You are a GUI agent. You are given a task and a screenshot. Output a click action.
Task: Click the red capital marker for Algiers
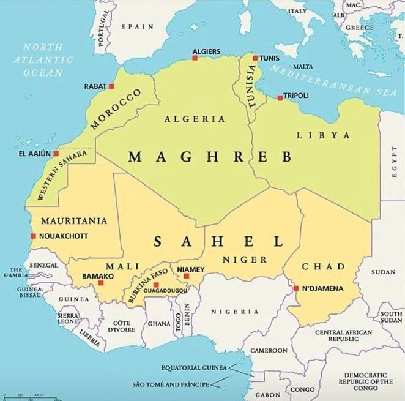click(x=195, y=58)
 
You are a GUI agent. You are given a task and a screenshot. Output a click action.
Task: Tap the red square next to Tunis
click(x=255, y=58)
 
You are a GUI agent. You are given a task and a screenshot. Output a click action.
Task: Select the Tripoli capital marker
click(x=280, y=97)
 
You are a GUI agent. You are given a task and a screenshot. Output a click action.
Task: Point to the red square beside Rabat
click(x=111, y=86)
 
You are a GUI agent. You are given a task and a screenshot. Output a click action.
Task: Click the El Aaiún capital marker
click(x=56, y=154)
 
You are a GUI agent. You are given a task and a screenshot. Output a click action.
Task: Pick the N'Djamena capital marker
click(x=296, y=288)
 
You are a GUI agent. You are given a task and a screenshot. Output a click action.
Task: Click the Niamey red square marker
click(x=187, y=276)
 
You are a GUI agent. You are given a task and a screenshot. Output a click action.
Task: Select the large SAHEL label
click(x=218, y=241)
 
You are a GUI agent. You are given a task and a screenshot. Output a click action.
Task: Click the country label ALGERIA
click(x=195, y=119)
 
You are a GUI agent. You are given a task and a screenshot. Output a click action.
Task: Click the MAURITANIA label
click(x=74, y=220)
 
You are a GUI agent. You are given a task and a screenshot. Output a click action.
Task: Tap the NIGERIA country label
click(x=231, y=312)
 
